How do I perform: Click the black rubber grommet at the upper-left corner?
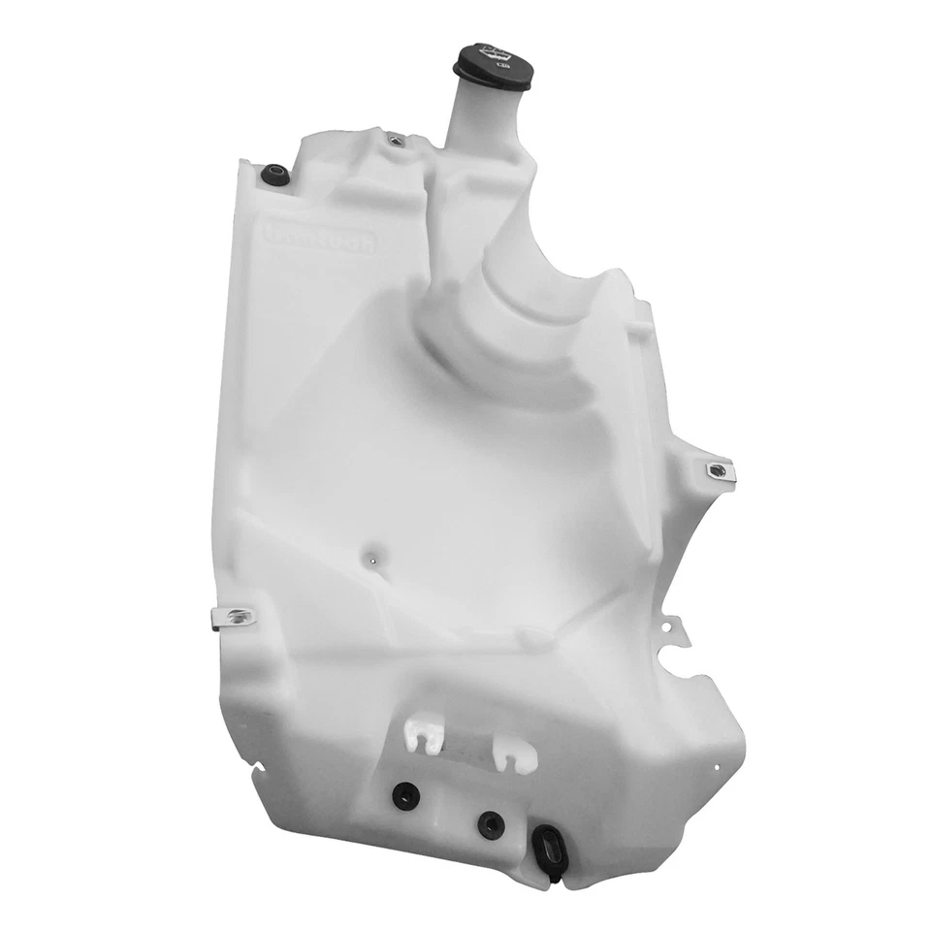(x=274, y=176)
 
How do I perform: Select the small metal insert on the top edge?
(x=395, y=141)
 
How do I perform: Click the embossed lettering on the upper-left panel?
(x=320, y=238)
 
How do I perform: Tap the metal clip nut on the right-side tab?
(x=719, y=471)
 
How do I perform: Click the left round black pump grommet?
(x=404, y=794)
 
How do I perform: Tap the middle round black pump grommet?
(x=490, y=823)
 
